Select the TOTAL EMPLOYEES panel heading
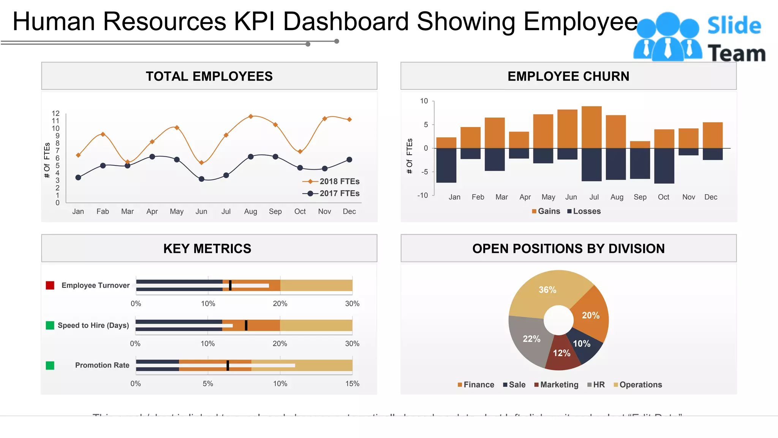pos(209,76)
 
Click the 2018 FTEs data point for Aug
pos(251,116)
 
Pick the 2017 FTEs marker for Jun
pos(202,179)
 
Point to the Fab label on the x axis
pos(103,211)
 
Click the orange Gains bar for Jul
pos(591,127)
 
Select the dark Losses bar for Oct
pos(664,166)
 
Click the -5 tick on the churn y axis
pos(424,172)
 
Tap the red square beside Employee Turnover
pos(50,286)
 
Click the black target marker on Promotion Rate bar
pos(228,365)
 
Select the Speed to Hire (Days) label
pos(93,325)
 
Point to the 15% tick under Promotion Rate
pos(352,384)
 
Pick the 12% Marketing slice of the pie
pos(561,354)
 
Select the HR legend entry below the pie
pos(596,385)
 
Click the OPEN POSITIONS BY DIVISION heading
pos(568,249)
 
